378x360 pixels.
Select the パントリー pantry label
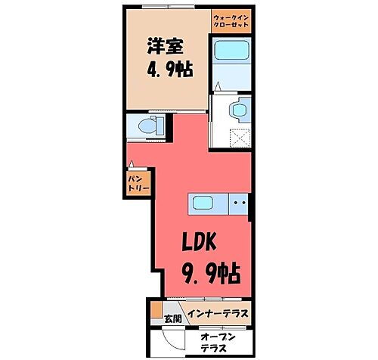[136, 182]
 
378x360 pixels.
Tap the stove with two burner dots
[239, 203]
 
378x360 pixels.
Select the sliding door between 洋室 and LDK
[191, 111]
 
